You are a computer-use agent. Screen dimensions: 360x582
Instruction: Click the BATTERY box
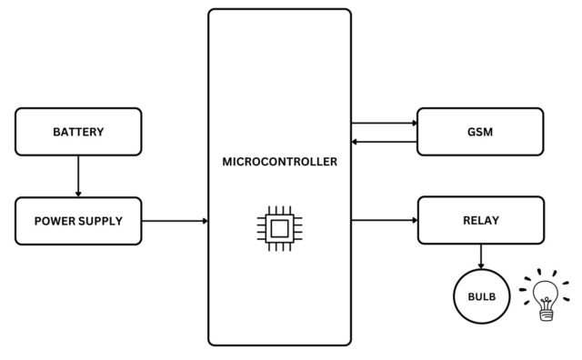[x=78, y=132]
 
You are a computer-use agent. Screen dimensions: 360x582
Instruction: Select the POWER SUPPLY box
[x=78, y=221]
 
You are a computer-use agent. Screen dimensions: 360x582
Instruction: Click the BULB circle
[x=482, y=297]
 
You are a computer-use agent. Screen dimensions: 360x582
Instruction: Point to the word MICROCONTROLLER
[x=279, y=162]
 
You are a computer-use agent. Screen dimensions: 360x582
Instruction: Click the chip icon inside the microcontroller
[x=279, y=227]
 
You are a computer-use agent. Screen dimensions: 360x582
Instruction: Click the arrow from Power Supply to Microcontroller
[x=175, y=221]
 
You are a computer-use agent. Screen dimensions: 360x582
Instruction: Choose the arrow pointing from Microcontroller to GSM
[x=383, y=123]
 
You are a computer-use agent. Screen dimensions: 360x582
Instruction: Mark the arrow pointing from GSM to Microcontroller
[x=383, y=141]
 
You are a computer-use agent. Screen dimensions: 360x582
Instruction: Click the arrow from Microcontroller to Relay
[x=383, y=220]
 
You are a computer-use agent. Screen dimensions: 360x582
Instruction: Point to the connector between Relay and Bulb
[x=482, y=257]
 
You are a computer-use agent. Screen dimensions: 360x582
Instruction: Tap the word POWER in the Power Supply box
[x=55, y=221]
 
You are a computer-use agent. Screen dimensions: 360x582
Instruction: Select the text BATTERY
[x=78, y=132]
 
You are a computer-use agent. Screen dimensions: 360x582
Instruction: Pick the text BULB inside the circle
[x=482, y=297]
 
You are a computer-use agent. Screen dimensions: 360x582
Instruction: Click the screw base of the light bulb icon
[x=546, y=313]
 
